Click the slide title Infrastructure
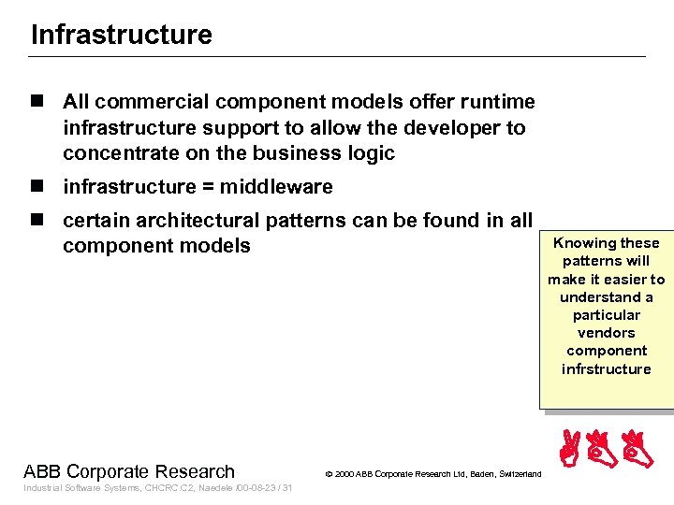pyautogui.click(x=122, y=36)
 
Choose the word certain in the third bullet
pyautogui.click(x=94, y=221)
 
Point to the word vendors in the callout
pyautogui.click(x=606, y=333)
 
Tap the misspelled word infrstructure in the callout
pyautogui.click(x=606, y=368)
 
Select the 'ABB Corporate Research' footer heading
pyautogui.click(x=129, y=472)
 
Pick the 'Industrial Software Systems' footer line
pyautogui.click(x=81, y=488)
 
